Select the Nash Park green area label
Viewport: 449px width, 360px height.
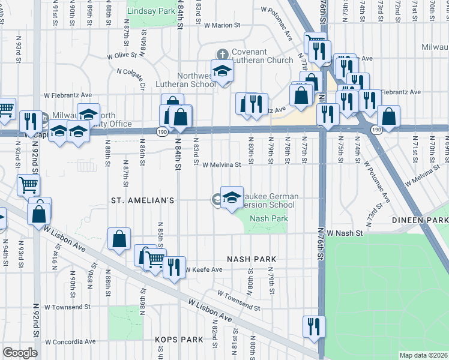pyautogui.click(x=268, y=218)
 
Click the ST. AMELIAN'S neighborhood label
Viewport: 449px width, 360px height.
pyautogui.click(x=142, y=199)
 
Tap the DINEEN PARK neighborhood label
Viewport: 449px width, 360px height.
pyautogui.click(x=420, y=221)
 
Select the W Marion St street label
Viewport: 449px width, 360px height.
pyautogui.click(x=221, y=25)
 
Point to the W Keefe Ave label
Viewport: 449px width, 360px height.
pyautogui.click(x=203, y=270)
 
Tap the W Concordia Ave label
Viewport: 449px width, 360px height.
pyautogui.click(x=71, y=341)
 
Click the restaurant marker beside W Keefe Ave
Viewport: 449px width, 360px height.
pyautogui.click(x=175, y=268)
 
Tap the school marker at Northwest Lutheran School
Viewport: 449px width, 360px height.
pyautogui.click(x=222, y=72)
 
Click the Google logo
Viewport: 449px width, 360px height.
pyautogui.click(x=20, y=353)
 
